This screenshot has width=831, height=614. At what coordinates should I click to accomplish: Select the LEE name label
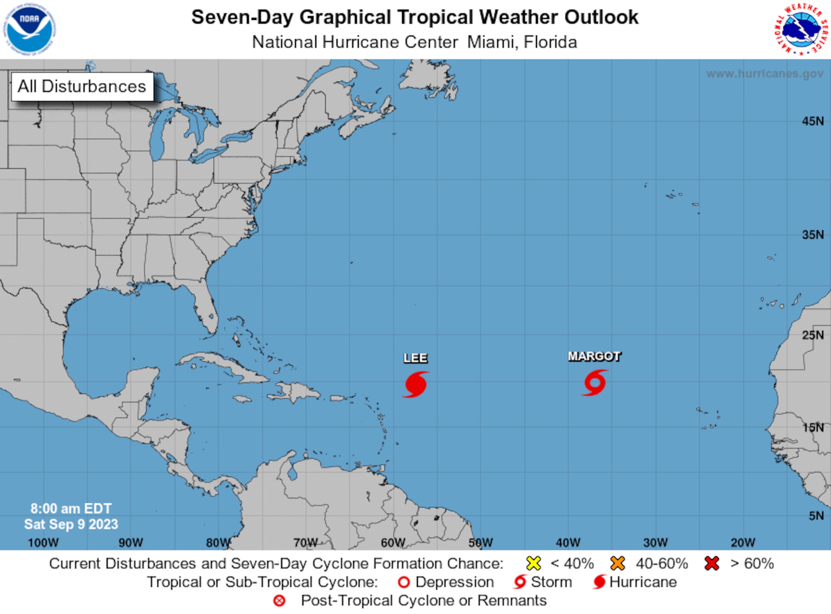pos(415,358)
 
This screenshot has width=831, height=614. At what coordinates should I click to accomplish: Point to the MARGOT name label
pos(594,356)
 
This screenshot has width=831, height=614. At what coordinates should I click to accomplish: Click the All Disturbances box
pos(82,87)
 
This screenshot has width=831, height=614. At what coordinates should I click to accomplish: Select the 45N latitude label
pos(812,121)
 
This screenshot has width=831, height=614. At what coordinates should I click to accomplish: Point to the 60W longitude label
pos(393,543)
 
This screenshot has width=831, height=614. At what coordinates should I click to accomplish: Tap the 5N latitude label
pos(816,516)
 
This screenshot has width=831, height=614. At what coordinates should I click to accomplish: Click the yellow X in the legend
pos(533,564)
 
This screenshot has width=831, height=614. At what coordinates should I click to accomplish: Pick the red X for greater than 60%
pos(711,564)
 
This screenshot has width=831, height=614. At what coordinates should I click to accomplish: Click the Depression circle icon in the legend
pos(404,583)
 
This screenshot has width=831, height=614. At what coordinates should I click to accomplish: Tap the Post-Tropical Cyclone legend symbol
pos(279,601)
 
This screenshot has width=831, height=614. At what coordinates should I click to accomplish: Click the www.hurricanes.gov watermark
pos(764,74)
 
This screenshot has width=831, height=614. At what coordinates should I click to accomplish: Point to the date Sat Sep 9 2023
pos(71,524)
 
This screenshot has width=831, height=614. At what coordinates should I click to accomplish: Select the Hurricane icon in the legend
pos(599,582)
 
